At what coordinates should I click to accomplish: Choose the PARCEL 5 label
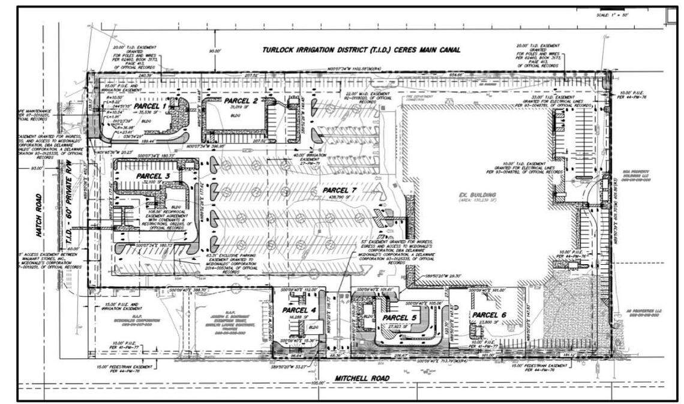click(x=399, y=317)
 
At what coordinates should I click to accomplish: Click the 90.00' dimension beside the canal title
click(x=215, y=51)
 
